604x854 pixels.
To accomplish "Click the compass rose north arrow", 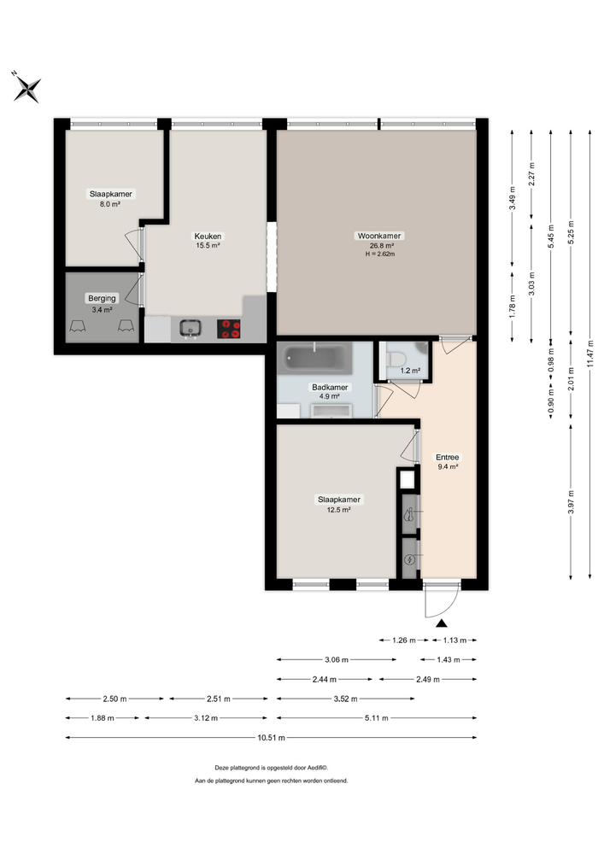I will tap(27, 86).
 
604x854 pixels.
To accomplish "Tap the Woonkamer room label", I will tap(380, 236).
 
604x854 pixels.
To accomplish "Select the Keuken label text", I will tap(208, 236).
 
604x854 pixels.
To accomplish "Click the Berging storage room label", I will tap(101, 298).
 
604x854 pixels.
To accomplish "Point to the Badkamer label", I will tap(325, 386).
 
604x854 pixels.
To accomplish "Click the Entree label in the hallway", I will tap(447, 456).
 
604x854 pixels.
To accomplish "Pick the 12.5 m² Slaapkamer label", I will tap(338, 500).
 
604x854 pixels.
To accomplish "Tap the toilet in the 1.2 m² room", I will tap(398, 355).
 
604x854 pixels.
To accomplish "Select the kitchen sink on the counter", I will tap(191, 327).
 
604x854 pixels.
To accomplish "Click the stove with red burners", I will tap(229, 329).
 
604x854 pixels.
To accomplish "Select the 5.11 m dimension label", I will tap(375, 718).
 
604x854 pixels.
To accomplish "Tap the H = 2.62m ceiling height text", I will tap(380, 254).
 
